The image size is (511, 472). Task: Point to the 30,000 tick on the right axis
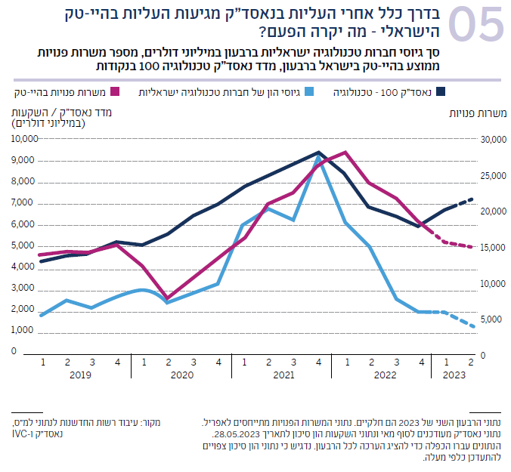[x=492, y=140]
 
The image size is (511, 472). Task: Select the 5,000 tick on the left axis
[x=26, y=245]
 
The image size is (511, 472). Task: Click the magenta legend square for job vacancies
[x=116, y=91]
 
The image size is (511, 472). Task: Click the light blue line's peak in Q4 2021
[x=319, y=156]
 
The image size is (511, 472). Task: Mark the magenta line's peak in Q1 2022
[x=345, y=152]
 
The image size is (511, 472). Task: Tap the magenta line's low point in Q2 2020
[x=168, y=299]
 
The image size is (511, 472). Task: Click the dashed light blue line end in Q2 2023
[x=472, y=326]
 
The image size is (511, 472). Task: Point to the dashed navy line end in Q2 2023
[x=472, y=199]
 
